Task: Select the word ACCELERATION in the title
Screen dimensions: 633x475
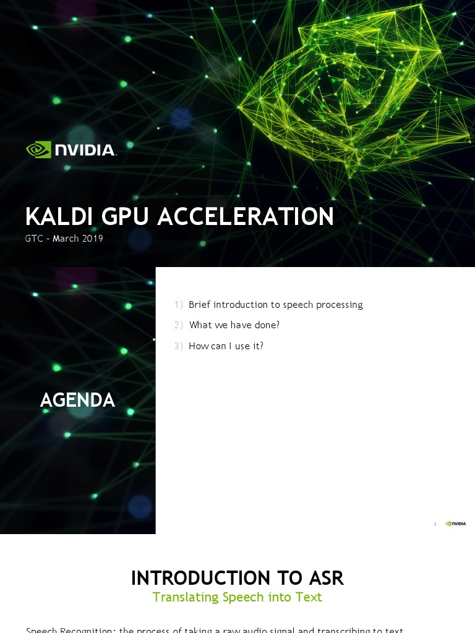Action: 246,217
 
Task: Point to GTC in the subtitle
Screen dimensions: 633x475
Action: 34,239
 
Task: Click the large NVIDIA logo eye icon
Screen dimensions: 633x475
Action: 38,150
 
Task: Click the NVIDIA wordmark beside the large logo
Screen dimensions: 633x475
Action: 85,150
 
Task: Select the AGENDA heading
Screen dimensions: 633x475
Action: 77,401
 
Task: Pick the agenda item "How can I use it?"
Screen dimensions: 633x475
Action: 226,346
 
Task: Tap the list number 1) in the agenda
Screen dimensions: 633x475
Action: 178,305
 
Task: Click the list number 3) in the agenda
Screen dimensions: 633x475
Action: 178,346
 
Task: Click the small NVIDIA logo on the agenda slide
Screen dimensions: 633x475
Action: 456,524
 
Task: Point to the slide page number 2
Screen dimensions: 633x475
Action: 435,524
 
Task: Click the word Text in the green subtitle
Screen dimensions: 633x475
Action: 308,597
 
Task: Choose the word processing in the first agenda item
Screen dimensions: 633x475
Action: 340,305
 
